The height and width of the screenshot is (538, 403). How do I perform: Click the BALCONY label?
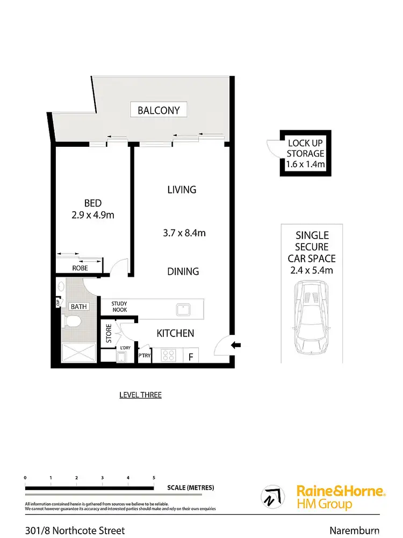point(162,111)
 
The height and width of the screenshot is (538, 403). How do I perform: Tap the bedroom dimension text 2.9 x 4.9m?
point(92,215)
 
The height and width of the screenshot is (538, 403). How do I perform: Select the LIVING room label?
point(182,189)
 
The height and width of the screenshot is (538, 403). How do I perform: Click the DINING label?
point(183,271)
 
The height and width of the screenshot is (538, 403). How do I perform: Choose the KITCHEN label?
point(175,333)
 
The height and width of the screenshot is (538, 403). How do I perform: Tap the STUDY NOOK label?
point(119,307)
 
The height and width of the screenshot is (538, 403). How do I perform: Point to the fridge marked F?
point(191,356)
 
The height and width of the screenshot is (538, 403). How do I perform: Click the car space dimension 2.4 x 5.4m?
point(312,270)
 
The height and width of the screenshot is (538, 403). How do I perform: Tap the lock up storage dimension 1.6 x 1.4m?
point(306,164)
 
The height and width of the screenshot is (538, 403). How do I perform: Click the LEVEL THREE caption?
point(140,395)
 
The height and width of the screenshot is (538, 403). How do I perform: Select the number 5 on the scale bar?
point(154,478)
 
